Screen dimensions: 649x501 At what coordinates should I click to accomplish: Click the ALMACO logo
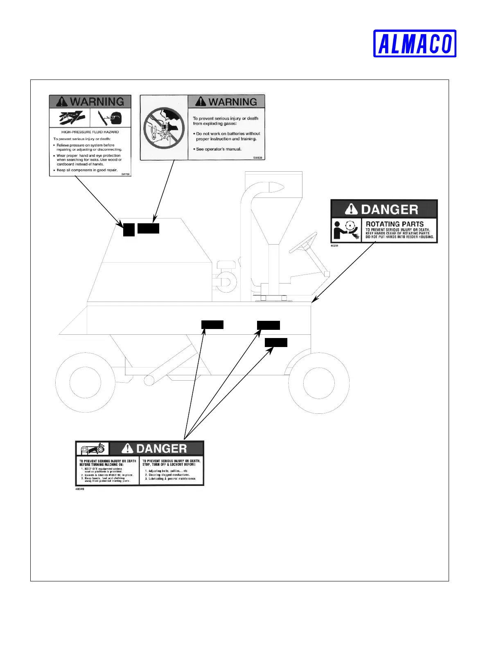tap(415, 43)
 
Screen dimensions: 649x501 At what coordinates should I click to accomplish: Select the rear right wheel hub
tap(318, 383)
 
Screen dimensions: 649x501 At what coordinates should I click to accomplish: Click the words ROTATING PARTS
tap(395, 224)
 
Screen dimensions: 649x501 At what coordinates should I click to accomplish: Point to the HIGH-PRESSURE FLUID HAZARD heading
tap(90, 132)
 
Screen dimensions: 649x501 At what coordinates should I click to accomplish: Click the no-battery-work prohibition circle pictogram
tap(164, 128)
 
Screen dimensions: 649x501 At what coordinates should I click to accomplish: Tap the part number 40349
tap(80, 489)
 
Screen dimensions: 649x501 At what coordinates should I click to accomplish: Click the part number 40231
tap(334, 246)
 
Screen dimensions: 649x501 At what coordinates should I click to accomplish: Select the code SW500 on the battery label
tap(257, 158)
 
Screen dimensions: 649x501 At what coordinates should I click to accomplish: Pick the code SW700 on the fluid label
tap(125, 174)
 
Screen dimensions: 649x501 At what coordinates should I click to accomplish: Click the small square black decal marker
tap(129, 230)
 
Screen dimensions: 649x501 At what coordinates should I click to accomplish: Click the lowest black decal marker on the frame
tap(276, 343)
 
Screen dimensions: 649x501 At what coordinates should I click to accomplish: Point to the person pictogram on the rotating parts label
tap(339, 230)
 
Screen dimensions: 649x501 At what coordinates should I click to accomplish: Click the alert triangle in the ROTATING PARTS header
tap(351, 209)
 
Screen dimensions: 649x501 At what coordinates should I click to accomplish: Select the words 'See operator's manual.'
tap(219, 149)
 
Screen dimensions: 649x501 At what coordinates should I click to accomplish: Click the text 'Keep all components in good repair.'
tap(87, 170)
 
